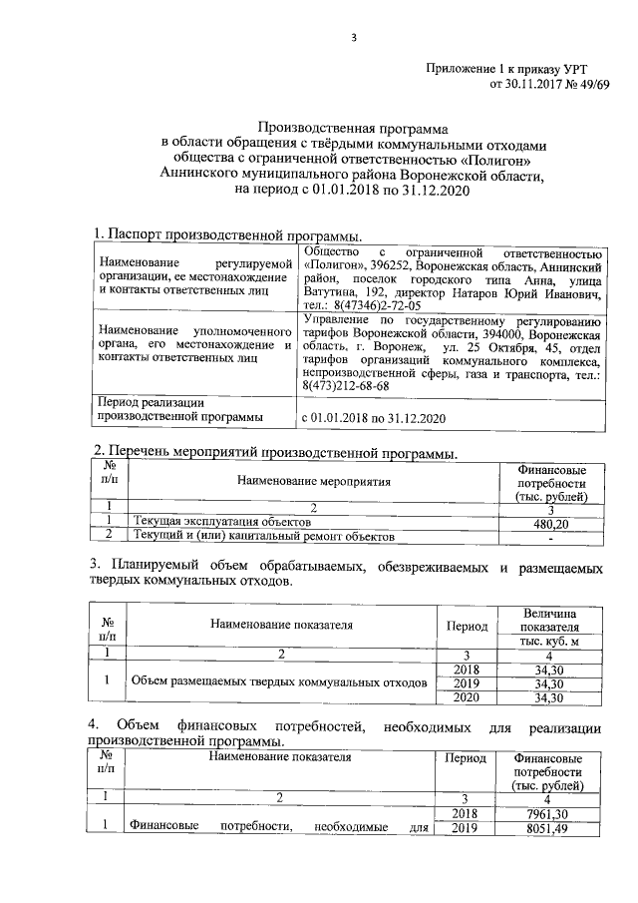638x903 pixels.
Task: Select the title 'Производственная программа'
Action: pyautogui.click(x=354, y=128)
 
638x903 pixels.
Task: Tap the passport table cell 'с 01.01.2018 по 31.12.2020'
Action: pyautogui.click(x=373, y=417)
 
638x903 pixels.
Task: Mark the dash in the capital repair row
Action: pyautogui.click(x=551, y=539)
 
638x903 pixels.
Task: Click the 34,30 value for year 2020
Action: pyautogui.click(x=550, y=698)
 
